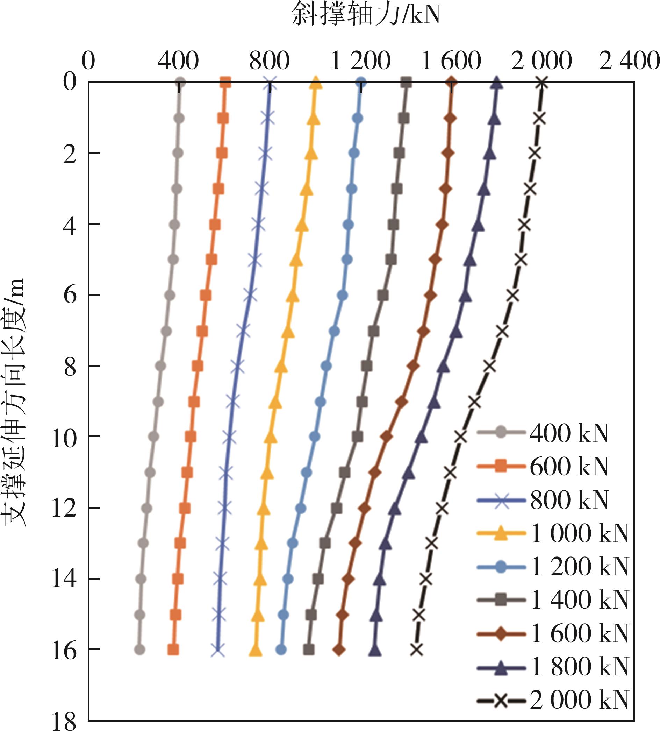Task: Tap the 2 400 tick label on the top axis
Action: [x=629, y=61]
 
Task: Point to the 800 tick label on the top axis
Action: [x=269, y=61]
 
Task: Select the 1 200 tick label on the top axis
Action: [x=361, y=61]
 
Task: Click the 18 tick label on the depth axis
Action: [x=65, y=722]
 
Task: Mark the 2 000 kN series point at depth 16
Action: [x=417, y=650]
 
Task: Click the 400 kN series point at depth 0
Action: [x=180, y=83]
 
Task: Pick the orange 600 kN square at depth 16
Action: [x=173, y=650]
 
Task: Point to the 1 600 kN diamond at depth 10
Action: [x=387, y=437]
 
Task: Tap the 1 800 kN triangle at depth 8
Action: [x=443, y=367]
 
